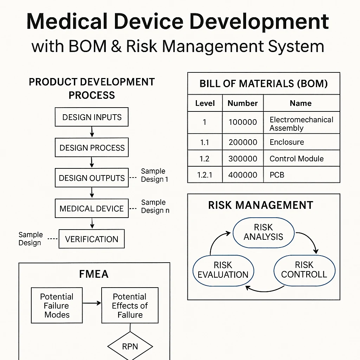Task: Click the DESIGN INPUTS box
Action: coord(92,117)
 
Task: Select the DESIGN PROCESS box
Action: coord(92,148)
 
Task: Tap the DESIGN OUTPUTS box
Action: coord(92,178)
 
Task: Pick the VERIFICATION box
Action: coord(92,239)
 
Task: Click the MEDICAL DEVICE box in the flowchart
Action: coord(92,208)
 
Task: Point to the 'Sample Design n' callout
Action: coord(154,206)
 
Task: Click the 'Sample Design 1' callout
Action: coord(154,175)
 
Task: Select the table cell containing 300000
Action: coord(243,159)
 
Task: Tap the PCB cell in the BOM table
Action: coord(302,175)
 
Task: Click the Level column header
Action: coord(205,103)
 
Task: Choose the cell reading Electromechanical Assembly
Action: coord(302,124)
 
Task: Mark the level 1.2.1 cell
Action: coord(205,175)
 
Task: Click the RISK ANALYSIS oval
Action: coord(263,232)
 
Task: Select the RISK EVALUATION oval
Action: coord(223,270)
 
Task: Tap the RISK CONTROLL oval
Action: coord(304,270)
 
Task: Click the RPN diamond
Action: coord(130,347)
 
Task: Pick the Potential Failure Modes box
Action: coord(57,306)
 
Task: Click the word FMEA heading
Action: coord(94,274)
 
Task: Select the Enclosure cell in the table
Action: coord(302,142)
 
